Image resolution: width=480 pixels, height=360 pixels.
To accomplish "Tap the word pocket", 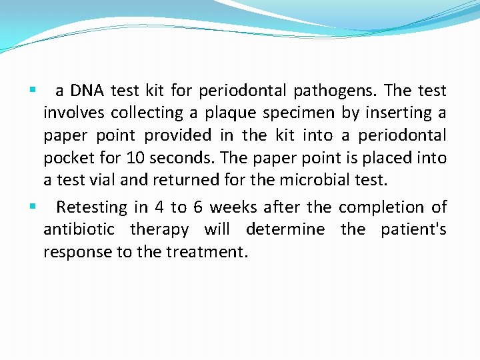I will (67, 159).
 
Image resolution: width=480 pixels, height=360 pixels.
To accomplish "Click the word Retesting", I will (91, 207).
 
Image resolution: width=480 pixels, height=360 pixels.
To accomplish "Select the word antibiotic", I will (79, 230).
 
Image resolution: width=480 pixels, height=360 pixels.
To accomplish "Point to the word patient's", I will (413, 230).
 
